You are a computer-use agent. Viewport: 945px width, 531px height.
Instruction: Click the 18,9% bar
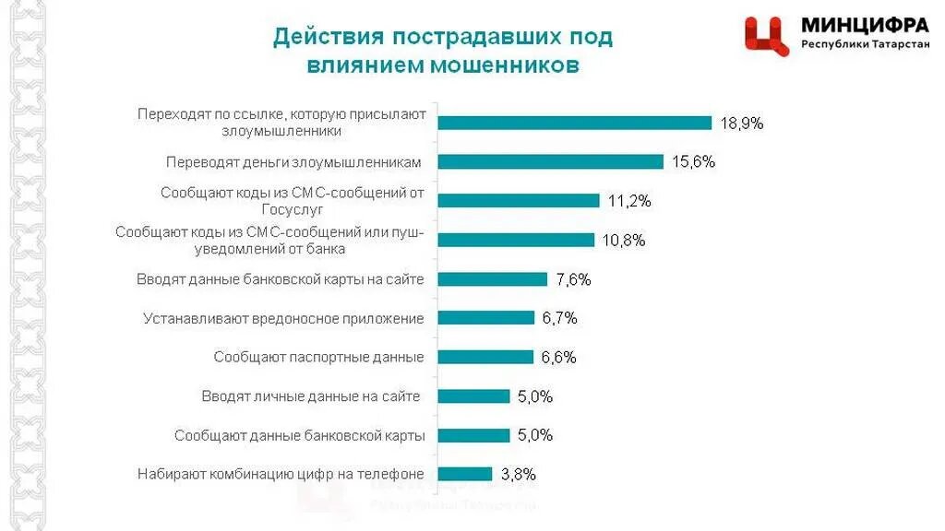pos(574,123)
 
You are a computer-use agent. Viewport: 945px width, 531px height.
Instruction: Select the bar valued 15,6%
pos(550,161)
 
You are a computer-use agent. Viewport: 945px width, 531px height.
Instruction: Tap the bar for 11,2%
pos(518,201)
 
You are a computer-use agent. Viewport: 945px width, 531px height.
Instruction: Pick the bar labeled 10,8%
pos(515,240)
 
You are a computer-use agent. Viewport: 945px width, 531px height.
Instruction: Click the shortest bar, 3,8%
pos(464,474)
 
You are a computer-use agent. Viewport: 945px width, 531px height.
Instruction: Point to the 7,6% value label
pos(572,279)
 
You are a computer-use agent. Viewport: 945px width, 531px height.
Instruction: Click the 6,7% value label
pos(559,318)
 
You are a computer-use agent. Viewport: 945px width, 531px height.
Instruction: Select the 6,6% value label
pos(558,358)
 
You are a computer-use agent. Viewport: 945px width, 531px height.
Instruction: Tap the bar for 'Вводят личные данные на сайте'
pos(473,396)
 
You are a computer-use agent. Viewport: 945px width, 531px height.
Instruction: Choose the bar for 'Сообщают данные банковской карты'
pos(473,435)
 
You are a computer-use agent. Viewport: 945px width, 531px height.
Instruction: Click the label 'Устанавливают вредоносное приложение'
pos(283,319)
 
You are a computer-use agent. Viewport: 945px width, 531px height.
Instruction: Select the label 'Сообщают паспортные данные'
pos(318,358)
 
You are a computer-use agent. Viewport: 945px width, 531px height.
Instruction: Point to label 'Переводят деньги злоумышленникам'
pos(293,162)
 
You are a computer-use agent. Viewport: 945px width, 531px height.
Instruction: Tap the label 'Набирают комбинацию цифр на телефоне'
pos(281,475)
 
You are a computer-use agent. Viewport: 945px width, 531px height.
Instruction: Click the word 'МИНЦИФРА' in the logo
pos(865,25)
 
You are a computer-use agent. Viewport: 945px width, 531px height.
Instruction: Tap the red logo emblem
pos(767,36)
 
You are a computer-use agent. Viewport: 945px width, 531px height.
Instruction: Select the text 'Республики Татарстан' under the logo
pos(865,44)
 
